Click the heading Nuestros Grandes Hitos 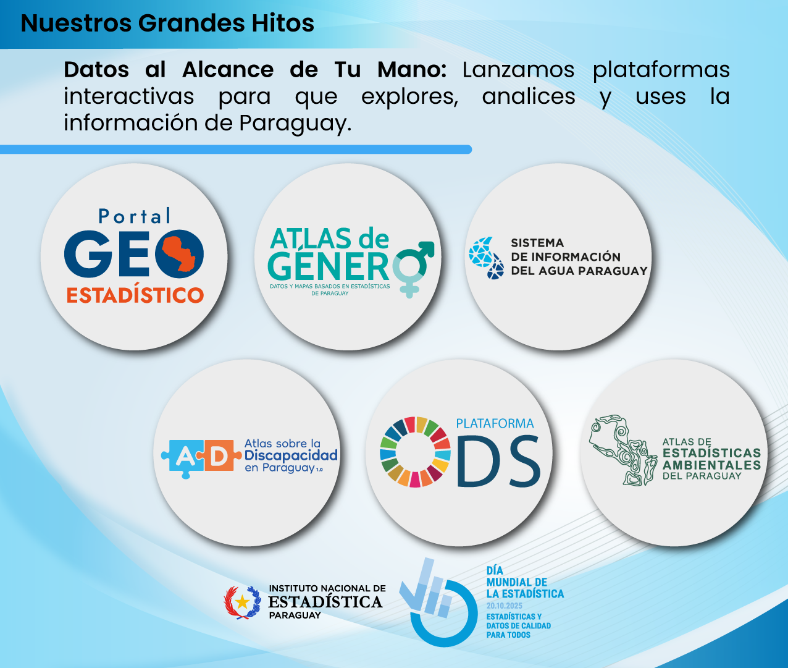pyautogui.click(x=167, y=23)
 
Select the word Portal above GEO pyautogui.click(x=134, y=216)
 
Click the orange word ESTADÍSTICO pyautogui.click(x=135, y=295)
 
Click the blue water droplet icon pyautogui.click(x=485, y=258)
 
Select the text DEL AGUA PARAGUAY pyautogui.click(x=579, y=271)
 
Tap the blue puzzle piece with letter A pyautogui.click(x=182, y=458)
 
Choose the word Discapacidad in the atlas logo pyautogui.click(x=291, y=455)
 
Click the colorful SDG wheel pyautogui.click(x=415, y=452)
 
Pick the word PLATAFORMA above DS pyautogui.click(x=495, y=423)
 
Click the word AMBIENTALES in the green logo pyautogui.click(x=712, y=465)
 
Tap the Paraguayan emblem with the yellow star pyautogui.click(x=242, y=602)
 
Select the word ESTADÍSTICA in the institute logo pyautogui.click(x=325, y=602)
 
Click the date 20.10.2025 pyautogui.click(x=504, y=606)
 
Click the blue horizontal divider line pyautogui.click(x=236, y=149)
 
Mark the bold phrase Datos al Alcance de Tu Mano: pyautogui.click(x=255, y=70)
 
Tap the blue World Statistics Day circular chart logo pyautogui.click(x=438, y=603)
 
